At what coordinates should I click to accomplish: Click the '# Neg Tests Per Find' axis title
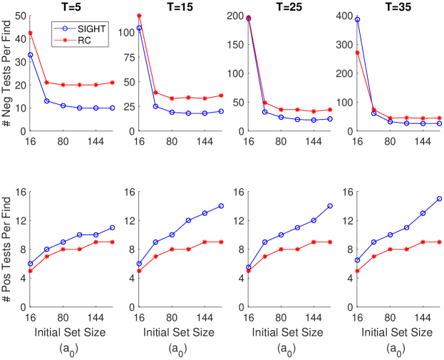(6, 73)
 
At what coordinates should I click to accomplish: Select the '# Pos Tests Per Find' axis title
(6, 250)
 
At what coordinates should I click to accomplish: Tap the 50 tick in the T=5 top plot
(19, 15)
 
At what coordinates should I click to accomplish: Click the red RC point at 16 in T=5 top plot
(30, 33)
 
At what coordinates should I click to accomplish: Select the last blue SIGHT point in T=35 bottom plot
(440, 199)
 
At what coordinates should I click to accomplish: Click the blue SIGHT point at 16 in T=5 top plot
(30, 55)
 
